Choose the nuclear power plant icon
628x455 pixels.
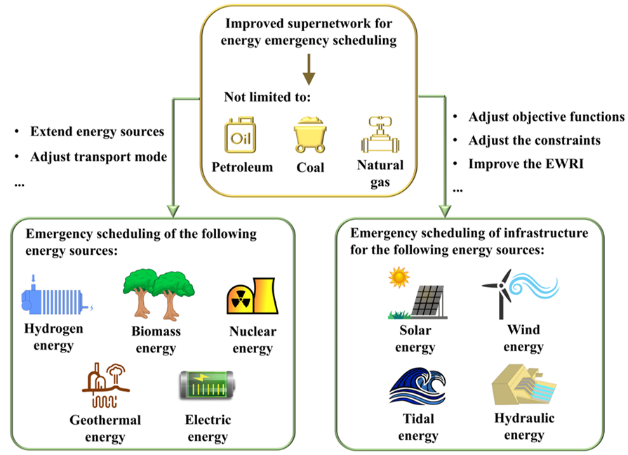coord(250,296)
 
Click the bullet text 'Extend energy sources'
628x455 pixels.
coord(97,131)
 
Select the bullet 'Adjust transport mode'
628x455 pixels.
coord(98,157)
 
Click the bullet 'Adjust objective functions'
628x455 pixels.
coord(546,117)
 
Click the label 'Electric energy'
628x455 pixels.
coord(208,428)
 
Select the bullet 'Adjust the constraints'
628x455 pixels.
coord(535,140)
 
